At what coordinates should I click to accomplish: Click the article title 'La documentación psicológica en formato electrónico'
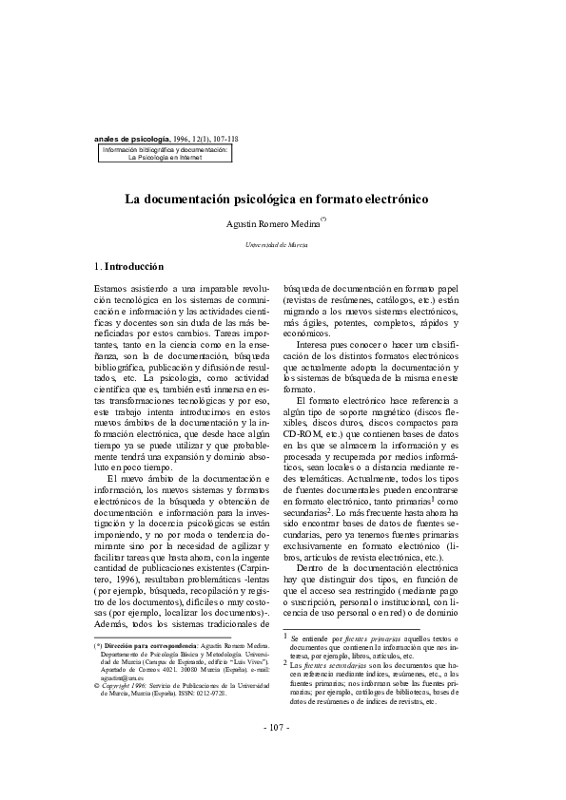click(x=278, y=200)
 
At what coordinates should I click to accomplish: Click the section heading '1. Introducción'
click(x=129, y=267)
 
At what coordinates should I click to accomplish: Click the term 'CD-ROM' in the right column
click(x=302, y=436)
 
